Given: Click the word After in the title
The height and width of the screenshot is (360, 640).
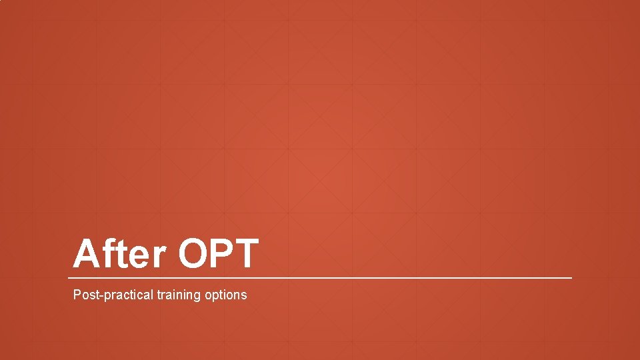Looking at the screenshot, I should (121, 254).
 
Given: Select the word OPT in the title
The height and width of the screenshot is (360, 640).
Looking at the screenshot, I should (218, 254).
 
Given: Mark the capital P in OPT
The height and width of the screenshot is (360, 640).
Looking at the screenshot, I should (223, 254).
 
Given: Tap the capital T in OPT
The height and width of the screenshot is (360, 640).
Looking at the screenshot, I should (245, 254).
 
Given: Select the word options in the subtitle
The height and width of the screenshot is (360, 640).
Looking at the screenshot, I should (227, 295).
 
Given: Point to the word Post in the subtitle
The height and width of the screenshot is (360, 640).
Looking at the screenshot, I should (84, 294).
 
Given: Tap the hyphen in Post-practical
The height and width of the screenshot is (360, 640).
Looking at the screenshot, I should (98, 295).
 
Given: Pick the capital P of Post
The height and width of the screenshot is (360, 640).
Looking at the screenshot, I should (77, 294).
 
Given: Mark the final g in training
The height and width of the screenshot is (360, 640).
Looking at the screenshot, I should (201, 296).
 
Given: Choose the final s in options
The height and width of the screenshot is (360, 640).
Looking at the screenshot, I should (244, 295).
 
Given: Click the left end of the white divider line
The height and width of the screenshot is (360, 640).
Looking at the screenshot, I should (69, 277).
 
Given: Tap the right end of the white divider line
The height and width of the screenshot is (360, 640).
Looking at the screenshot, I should (571, 277).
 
